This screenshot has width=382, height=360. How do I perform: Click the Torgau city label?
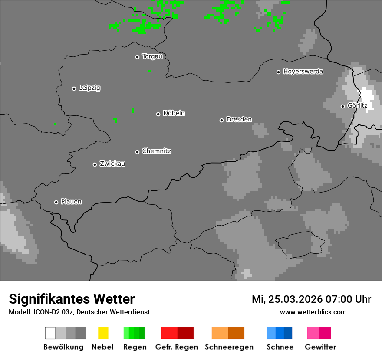[152, 56]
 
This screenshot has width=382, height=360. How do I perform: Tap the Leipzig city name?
[89, 88]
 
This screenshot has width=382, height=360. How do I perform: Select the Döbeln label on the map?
[174, 113]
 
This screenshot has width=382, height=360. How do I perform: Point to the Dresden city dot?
[221, 120]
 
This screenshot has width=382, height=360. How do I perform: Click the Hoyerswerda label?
[303, 72]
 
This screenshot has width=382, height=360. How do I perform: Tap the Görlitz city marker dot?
[342, 106]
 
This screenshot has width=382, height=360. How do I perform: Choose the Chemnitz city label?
[156, 151]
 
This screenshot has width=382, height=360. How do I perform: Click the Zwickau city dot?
[95, 164]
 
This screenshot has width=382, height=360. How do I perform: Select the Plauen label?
[71, 202]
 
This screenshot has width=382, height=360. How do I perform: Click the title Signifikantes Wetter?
[72, 299]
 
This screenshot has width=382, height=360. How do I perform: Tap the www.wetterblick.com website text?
[313, 312]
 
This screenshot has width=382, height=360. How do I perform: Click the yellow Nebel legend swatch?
[103, 333]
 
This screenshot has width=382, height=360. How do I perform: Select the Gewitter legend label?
[320, 347]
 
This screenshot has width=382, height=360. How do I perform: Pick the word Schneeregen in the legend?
[229, 347]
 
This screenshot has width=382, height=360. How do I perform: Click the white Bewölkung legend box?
[50, 333]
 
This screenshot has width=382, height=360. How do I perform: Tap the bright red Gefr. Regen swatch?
[169, 333]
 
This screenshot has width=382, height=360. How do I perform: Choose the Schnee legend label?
[280, 347]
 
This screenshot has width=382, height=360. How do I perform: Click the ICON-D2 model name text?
[46, 312]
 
